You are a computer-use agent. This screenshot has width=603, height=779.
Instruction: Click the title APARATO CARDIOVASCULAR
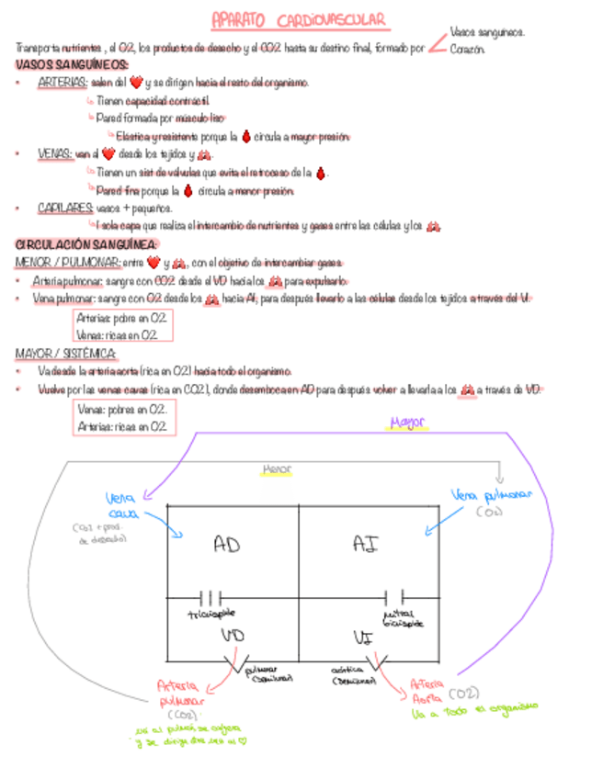click(x=298, y=19)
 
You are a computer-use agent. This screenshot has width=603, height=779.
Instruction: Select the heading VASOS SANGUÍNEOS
click(x=72, y=64)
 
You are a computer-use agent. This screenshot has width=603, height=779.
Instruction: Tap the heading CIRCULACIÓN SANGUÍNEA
click(x=86, y=244)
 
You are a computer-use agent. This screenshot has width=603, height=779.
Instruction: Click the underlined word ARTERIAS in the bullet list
click(x=63, y=83)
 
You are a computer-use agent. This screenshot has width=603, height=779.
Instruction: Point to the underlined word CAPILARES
click(x=64, y=209)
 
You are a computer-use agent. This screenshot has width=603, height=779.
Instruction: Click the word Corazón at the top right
click(x=467, y=48)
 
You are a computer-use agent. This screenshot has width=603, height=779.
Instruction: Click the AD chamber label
click(x=226, y=545)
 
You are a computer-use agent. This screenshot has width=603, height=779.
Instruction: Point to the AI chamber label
click(x=365, y=544)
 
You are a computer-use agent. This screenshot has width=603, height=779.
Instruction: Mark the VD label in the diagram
click(x=232, y=635)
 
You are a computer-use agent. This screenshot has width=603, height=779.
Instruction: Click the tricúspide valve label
click(x=210, y=613)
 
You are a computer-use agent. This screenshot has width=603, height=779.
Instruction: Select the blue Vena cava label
click(x=122, y=505)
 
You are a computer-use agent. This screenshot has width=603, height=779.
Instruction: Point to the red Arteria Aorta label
click(x=428, y=690)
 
